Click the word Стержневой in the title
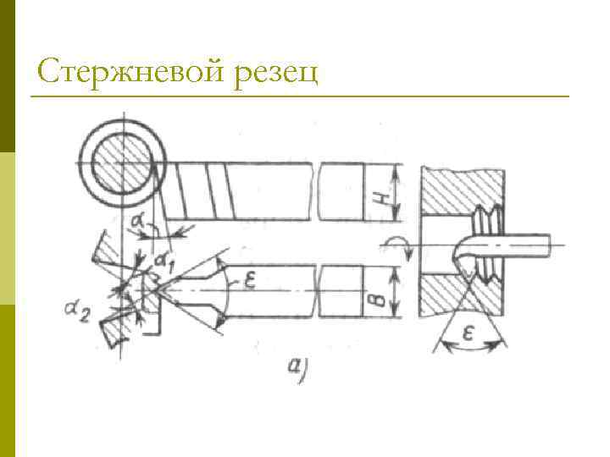point(132,73)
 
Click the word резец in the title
point(277,74)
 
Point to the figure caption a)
point(297,369)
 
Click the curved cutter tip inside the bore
point(462,258)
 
